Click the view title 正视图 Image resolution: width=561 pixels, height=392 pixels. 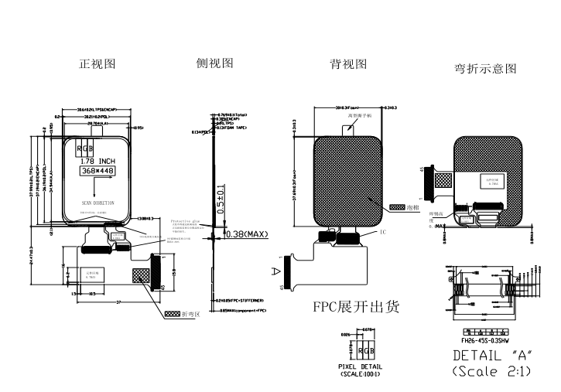(97, 64)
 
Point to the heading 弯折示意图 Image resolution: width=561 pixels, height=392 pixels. (485, 69)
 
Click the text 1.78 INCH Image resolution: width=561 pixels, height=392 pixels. (97, 161)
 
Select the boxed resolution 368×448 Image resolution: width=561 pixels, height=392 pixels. (97, 170)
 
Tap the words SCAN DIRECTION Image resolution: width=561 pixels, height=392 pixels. (97, 203)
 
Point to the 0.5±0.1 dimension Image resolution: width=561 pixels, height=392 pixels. (221, 199)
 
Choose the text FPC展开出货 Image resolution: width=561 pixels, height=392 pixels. (356, 307)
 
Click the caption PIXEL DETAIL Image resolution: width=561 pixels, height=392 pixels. (362, 366)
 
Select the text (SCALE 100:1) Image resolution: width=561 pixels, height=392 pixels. (362, 373)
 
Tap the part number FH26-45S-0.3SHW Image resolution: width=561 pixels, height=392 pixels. (486, 339)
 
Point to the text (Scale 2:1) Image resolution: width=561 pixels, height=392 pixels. (491, 371)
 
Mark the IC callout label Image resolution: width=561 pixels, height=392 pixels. (382, 232)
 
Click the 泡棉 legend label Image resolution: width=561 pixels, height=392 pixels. (414, 208)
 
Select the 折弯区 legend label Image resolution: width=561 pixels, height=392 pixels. (191, 315)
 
